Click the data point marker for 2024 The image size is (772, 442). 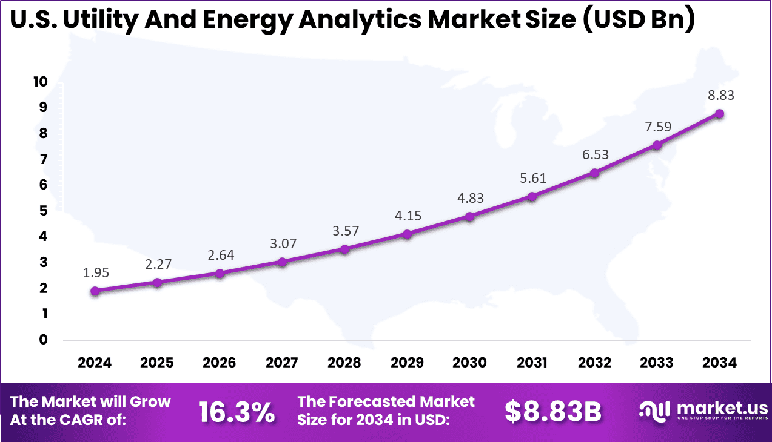[95, 291]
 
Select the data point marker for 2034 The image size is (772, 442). [719, 114]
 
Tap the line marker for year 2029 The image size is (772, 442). [407, 234]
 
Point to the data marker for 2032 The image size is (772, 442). [594, 173]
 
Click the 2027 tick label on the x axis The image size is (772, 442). [282, 363]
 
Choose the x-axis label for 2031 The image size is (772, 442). [532, 363]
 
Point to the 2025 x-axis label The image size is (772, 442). [157, 363]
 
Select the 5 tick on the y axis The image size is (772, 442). [42, 211]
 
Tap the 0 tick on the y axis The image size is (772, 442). [42, 340]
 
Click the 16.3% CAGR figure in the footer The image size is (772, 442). [237, 412]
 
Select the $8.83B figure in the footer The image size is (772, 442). [552, 412]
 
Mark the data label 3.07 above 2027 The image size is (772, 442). [282, 243]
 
